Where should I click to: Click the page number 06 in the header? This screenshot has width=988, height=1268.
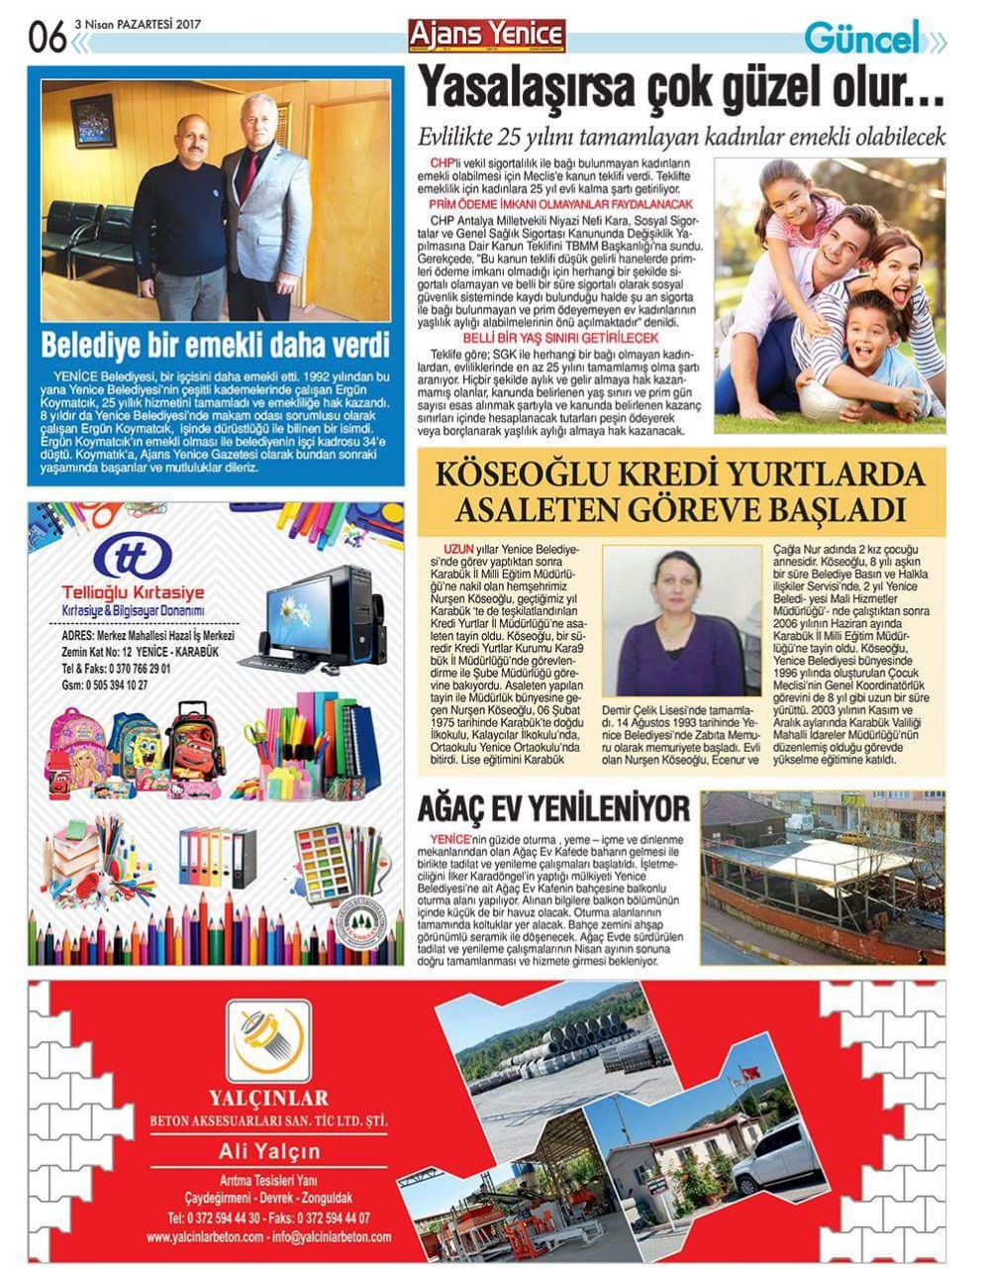click(48, 38)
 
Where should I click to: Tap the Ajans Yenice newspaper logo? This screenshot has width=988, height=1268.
click(487, 35)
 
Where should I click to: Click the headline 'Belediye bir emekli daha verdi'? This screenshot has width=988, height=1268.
click(215, 346)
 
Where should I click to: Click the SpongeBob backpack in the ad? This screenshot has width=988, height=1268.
click(136, 741)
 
